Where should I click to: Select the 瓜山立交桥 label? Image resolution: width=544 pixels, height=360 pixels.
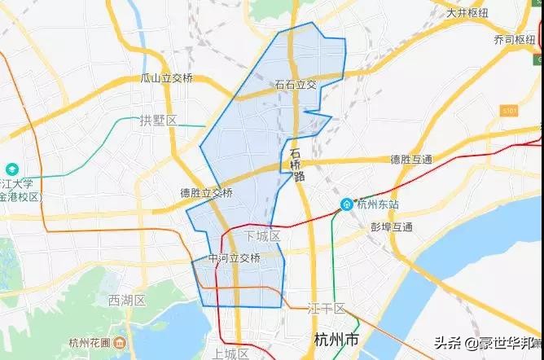[x=166, y=78]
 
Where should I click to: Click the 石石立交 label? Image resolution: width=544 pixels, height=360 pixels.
[x=296, y=84]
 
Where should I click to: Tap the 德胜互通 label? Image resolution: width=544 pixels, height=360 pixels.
[x=411, y=159]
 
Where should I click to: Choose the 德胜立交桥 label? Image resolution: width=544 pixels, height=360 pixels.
[x=207, y=193]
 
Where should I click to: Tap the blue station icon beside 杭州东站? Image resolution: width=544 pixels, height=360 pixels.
[x=347, y=203]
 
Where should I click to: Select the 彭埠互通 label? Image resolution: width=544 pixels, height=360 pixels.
[x=392, y=226]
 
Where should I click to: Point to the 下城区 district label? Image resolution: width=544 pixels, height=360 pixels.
[x=261, y=236]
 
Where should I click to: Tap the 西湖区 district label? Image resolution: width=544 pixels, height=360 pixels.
[x=126, y=301]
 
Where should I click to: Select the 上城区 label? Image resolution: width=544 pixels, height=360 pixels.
[x=230, y=353]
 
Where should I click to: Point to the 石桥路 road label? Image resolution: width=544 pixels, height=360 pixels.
[x=296, y=163]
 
